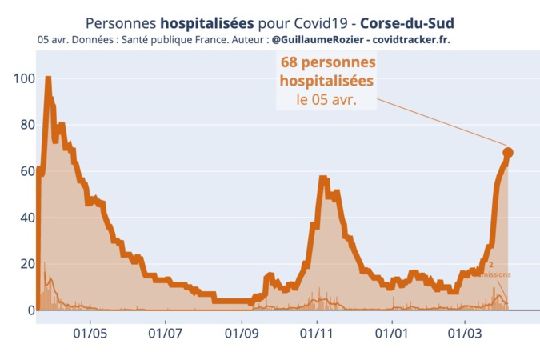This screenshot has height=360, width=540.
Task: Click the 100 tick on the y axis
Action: pyautogui.click(x=22, y=78)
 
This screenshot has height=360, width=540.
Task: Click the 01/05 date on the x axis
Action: pyautogui.click(x=90, y=331)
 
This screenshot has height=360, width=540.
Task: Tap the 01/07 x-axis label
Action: pyautogui.click(x=166, y=331)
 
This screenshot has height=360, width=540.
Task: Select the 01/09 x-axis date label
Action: pyautogui.click(x=242, y=331)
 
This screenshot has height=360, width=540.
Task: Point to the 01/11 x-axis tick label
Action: pyautogui.click(x=317, y=331)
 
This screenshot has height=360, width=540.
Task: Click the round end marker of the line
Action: pyautogui.click(x=507, y=152)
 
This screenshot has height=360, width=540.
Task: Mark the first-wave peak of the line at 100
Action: pyautogui.click(x=48, y=79)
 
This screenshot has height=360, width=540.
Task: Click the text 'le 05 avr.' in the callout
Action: pyautogui.click(x=326, y=101)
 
